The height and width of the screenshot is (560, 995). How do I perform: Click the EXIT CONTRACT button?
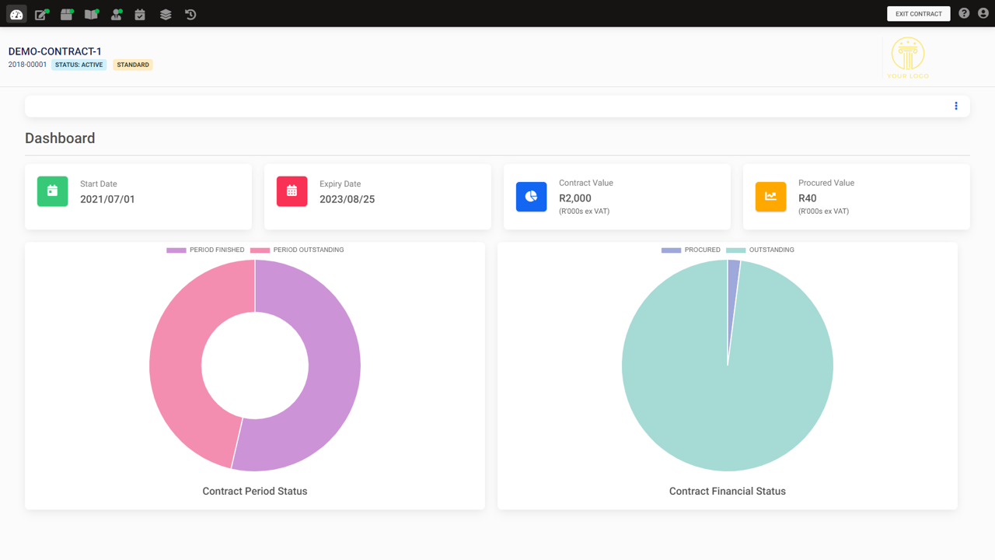918,14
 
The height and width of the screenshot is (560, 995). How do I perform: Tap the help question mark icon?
964,13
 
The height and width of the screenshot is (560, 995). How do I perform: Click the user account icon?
983,13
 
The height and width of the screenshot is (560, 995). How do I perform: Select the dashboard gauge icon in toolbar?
16,14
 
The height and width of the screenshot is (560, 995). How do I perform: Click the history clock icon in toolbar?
190,14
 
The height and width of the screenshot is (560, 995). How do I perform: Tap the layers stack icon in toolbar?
166,14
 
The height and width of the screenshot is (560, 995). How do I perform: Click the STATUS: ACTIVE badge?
79,65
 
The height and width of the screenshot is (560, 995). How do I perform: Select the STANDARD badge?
133,65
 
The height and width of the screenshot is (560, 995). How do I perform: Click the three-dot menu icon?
956,106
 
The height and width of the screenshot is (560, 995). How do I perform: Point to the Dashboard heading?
60,138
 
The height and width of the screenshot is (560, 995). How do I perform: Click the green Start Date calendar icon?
52,191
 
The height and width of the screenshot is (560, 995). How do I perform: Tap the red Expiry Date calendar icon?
292,191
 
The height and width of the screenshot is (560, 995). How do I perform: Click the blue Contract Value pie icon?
531,197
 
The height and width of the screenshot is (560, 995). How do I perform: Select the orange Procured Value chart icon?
770,197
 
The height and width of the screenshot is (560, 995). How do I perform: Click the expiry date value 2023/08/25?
347,199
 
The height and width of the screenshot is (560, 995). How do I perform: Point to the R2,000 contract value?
575,198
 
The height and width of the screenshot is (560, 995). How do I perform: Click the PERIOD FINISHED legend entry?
205,250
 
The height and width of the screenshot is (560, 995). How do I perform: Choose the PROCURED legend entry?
691,250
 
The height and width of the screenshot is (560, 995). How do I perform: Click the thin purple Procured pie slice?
733,280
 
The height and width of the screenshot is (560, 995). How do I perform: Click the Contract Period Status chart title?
255,492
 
